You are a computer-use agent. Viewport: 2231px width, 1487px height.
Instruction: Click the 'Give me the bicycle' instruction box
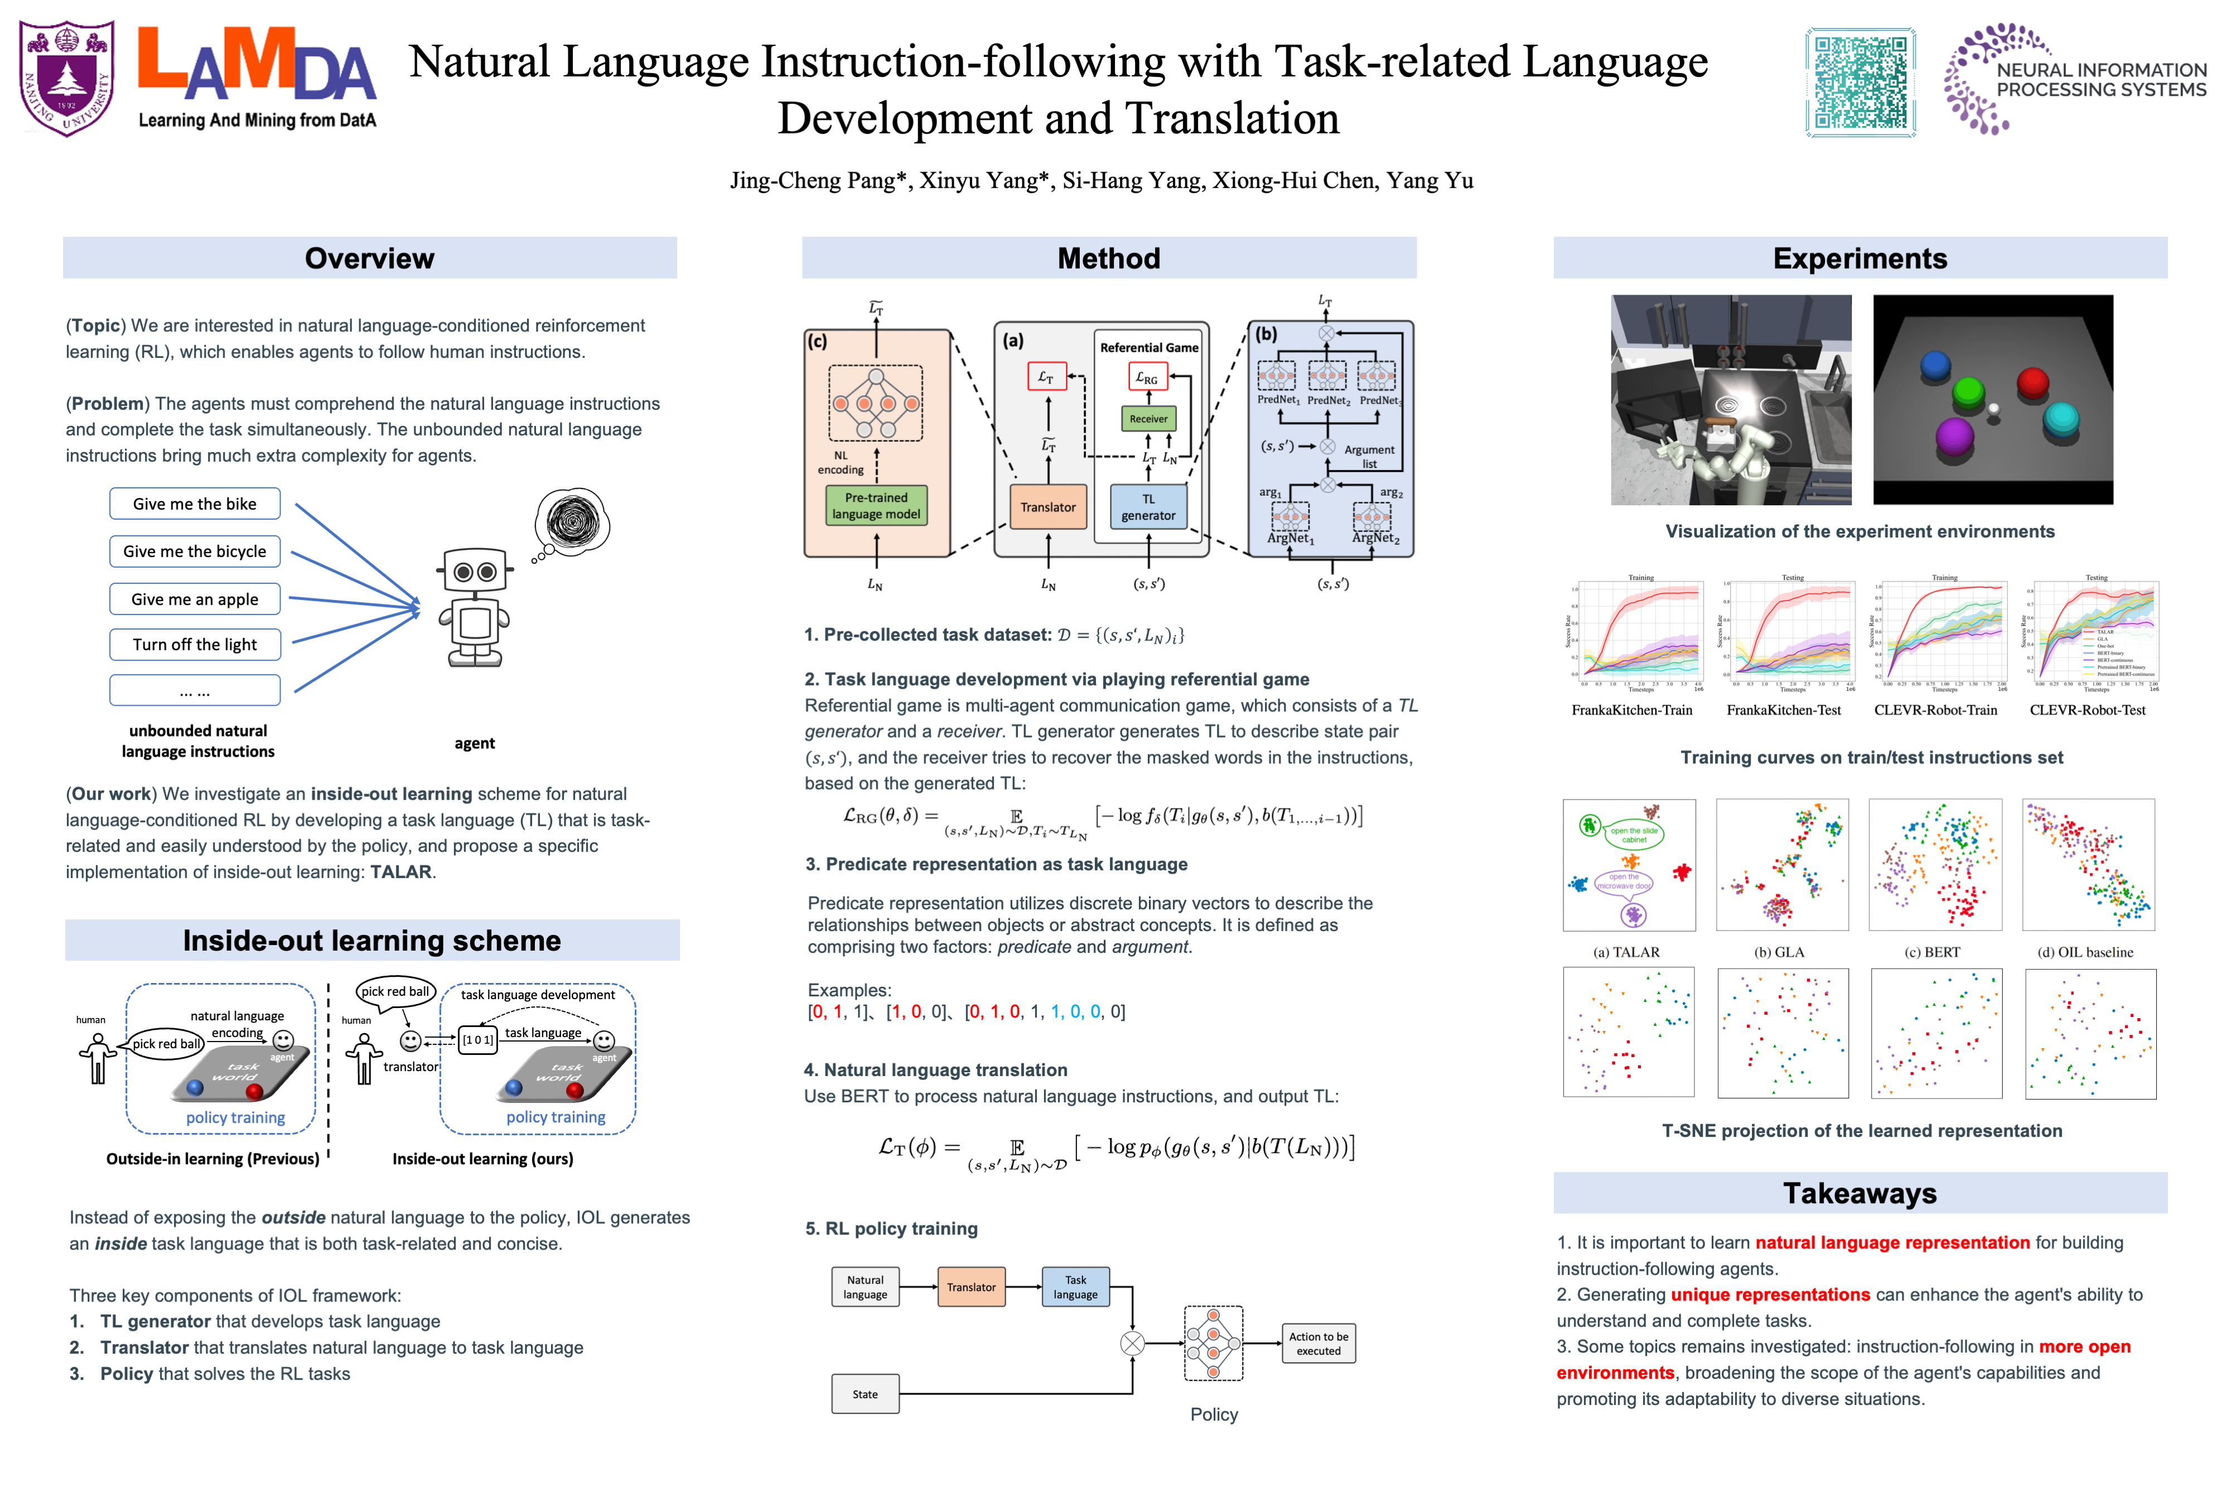pos(195,551)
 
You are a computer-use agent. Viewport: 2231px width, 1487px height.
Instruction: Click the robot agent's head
pos(474,572)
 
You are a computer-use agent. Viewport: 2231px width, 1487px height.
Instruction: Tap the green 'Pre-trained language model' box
pos(876,506)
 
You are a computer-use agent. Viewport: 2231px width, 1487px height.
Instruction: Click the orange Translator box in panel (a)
pos(1047,507)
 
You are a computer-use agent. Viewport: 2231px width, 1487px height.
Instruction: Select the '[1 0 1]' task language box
pos(477,1040)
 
